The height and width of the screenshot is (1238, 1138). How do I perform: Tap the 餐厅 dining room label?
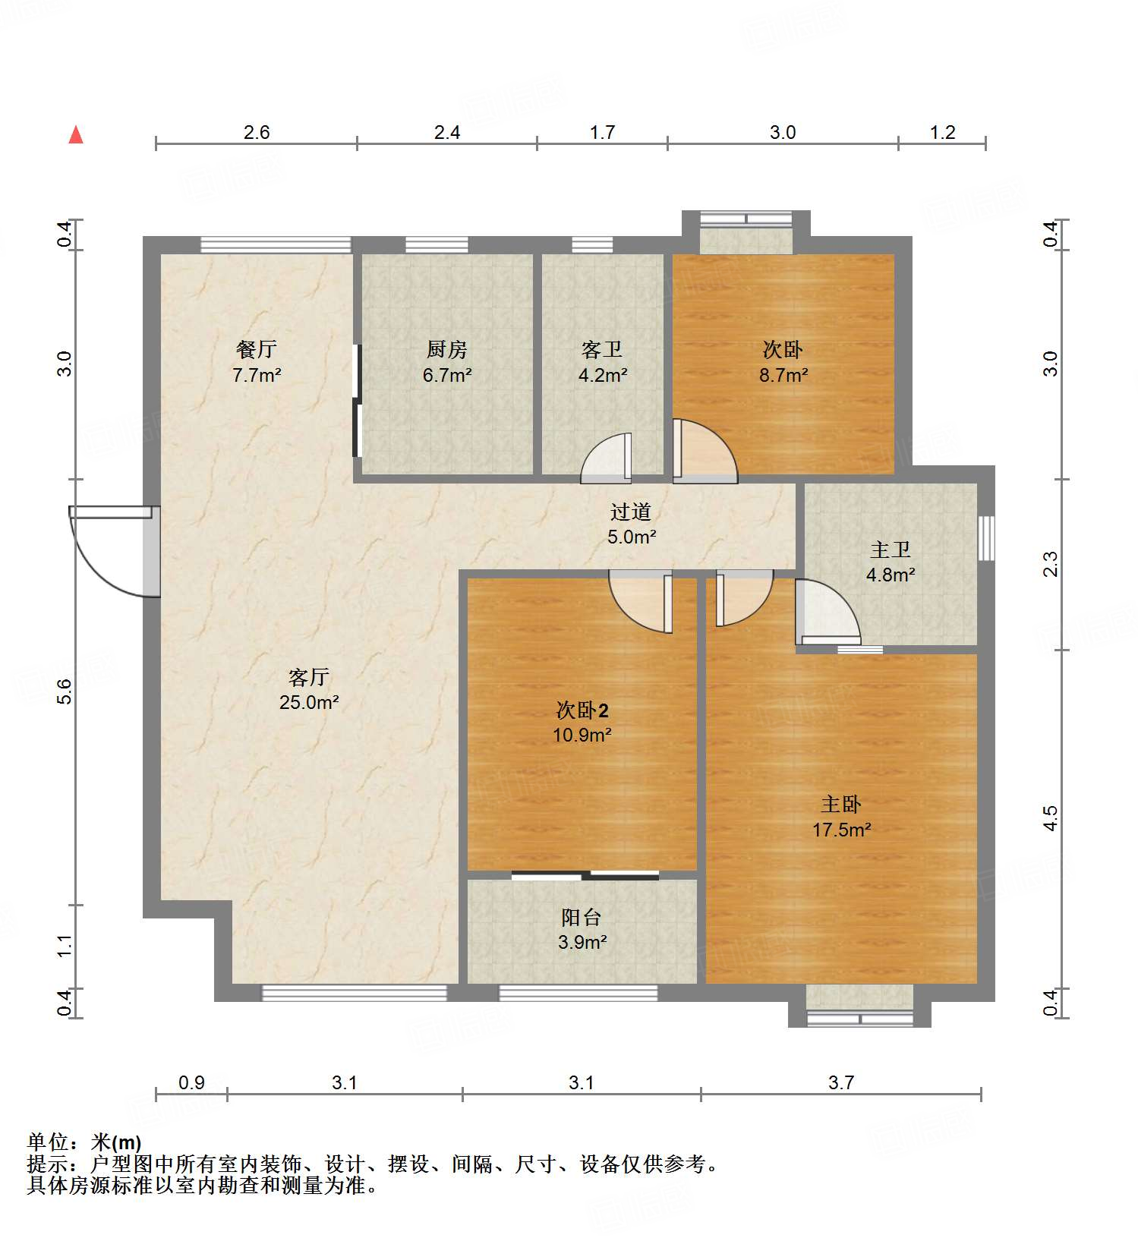[257, 349]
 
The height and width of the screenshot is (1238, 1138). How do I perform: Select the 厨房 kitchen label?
[447, 349]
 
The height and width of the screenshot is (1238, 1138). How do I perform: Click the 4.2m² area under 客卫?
[603, 375]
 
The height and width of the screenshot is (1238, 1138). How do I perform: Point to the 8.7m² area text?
[783, 375]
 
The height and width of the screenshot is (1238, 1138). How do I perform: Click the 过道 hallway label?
[631, 512]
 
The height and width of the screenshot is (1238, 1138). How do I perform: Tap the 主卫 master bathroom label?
[891, 550]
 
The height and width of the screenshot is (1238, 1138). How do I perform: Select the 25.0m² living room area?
[309, 702]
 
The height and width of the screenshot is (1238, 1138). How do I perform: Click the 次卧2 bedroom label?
[582, 710]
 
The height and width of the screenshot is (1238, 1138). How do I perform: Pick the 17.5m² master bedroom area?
[842, 830]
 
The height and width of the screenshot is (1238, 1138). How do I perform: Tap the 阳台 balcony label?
[582, 917]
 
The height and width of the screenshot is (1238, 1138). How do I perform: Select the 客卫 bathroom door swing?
[606, 458]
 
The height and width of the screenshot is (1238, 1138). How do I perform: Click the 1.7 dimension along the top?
[603, 132]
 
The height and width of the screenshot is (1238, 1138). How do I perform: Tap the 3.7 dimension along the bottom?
[841, 1082]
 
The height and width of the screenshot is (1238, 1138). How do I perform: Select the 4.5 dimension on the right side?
[1050, 818]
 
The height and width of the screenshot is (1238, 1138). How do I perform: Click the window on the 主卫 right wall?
[986, 538]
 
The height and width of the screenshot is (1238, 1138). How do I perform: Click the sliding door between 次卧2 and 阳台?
[585, 875]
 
